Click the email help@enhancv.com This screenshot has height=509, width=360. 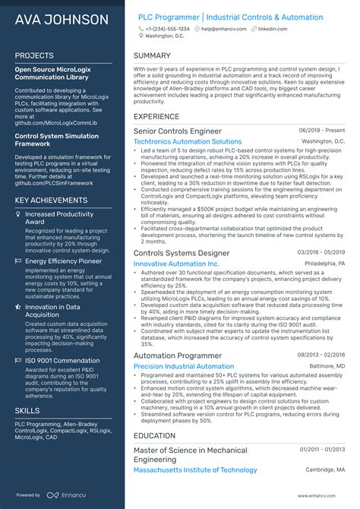[x=223, y=28]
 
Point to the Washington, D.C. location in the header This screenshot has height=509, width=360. [x=164, y=36]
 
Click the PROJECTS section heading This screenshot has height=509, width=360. [x=34, y=55]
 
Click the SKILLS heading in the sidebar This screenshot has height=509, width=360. [x=27, y=409]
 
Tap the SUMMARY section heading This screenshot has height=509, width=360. [x=152, y=55]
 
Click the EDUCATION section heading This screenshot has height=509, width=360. [x=155, y=435]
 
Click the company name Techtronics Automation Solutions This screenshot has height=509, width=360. [x=188, y=141]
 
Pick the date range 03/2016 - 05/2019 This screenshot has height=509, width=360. [x=321, y=252]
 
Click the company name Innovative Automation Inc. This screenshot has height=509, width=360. [x=175, y=263]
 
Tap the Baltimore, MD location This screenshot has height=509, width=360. [x=325, y=366]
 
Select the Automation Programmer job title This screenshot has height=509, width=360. [x=178, y=355]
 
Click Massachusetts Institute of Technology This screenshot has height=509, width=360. [x=195, y=469]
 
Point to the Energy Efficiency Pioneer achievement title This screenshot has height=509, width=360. [x=64, y=261]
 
